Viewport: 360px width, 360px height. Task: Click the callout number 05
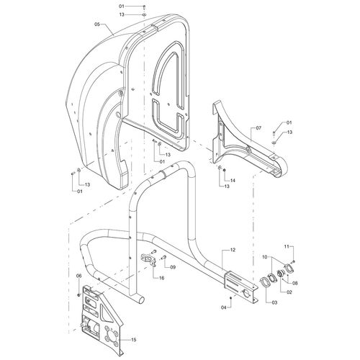97,24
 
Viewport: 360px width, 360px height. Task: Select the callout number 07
258,128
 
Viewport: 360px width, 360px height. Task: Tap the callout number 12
233,250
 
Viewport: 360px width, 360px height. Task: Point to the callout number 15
134,340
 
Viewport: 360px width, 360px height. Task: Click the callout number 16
161,278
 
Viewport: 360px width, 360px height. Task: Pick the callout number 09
173,267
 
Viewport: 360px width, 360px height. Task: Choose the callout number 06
78,276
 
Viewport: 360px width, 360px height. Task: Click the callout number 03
274,302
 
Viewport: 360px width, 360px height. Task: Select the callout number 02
289,292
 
